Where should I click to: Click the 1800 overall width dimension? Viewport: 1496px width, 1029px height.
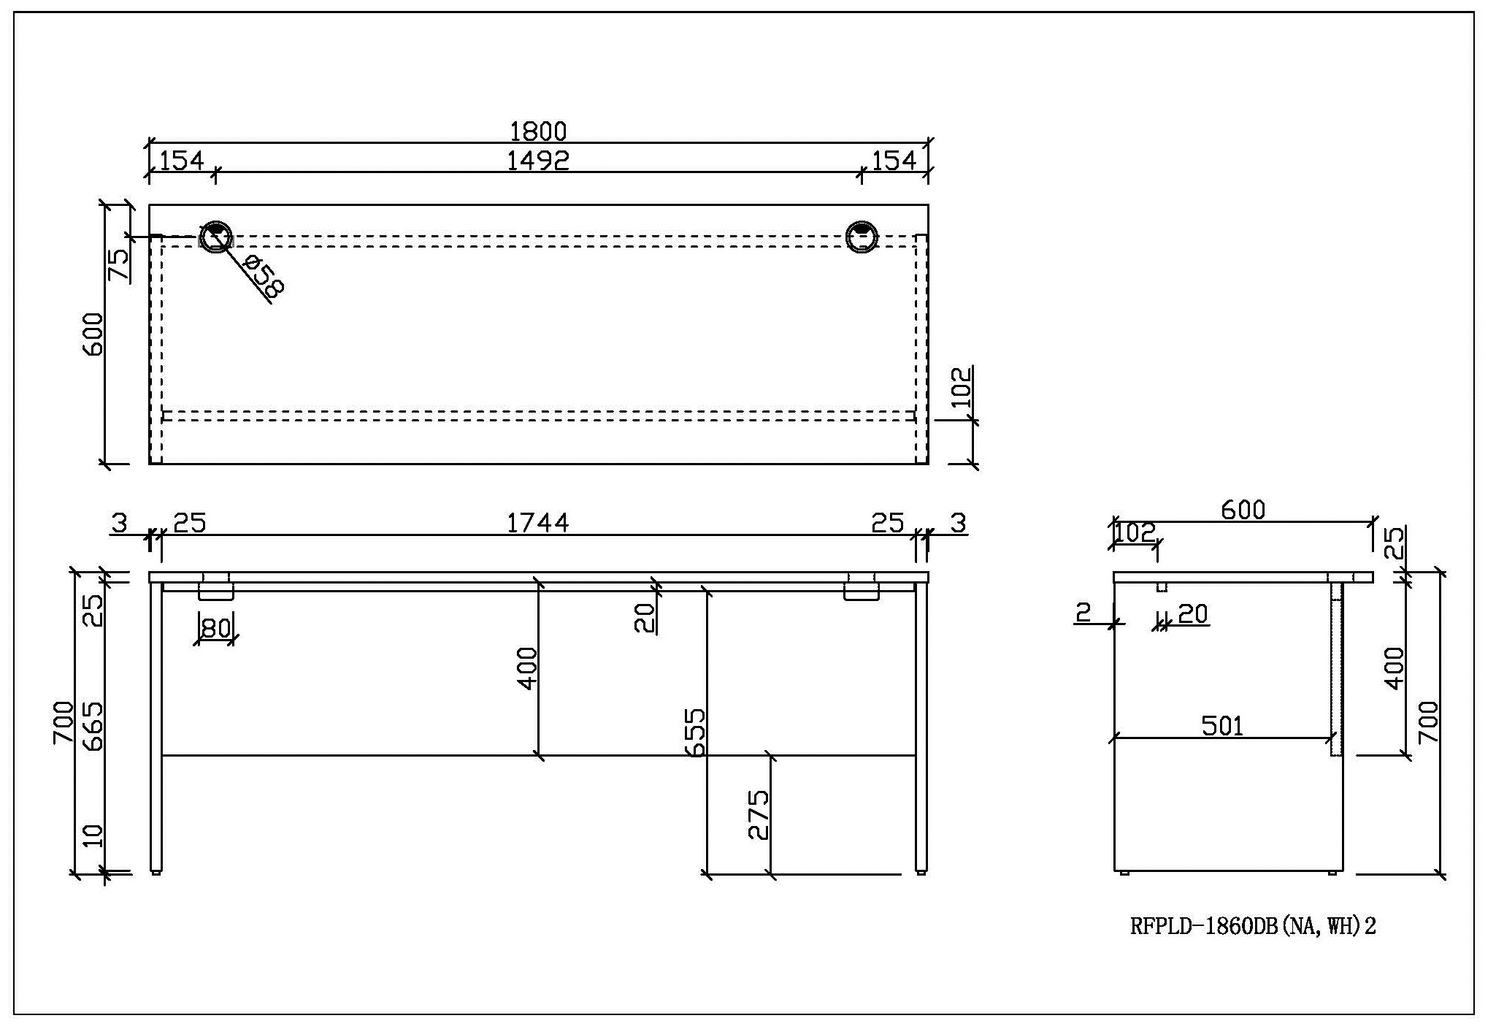point(538,132)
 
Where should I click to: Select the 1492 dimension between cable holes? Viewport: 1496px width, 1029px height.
point(538,160)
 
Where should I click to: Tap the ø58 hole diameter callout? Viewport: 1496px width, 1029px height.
point(262,277)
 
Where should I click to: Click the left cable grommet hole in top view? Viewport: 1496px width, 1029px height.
point(216,237)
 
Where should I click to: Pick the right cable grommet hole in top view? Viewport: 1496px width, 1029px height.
point(862,237)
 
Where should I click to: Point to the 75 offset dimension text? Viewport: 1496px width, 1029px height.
point(119,264)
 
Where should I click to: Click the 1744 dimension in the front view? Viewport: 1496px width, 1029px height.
point(538,523)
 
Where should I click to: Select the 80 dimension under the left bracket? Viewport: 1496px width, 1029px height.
point(215,627)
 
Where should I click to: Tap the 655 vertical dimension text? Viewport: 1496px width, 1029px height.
point(696,731)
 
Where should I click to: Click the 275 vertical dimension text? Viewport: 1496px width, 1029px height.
point(759,814)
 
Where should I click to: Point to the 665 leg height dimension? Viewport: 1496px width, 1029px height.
point(93,726)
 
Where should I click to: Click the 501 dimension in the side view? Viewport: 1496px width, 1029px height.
point(1222,726)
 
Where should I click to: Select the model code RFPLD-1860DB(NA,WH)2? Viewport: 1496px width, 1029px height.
point(1253,926)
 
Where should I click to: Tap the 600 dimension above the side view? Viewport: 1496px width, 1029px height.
point(1243,510)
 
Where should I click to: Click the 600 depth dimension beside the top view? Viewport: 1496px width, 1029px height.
point(93,334)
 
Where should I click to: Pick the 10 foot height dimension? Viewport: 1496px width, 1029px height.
point(93,835)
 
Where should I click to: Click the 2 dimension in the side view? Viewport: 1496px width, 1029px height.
point(1083,612)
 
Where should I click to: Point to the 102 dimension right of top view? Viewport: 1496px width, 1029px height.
point(963,387)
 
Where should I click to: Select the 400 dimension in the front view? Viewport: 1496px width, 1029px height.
point(527,668)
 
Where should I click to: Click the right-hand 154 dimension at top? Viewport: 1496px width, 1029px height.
point(894,160)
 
